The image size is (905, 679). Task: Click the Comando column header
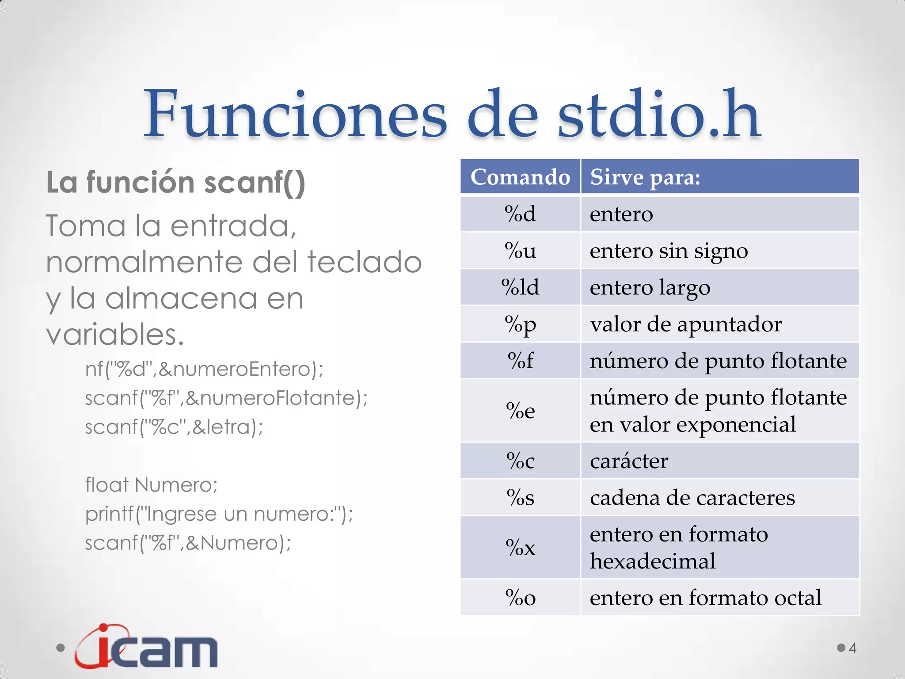[x=520, y=177]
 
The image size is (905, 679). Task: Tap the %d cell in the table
[x=520, y=214]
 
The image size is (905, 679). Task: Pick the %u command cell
[x=520, y=251]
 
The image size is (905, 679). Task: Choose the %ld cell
[x=520, y=287]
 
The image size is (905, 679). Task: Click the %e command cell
[x=520, y=411]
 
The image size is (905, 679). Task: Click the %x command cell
[x=520, y=547]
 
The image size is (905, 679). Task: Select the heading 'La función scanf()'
[x=175, y=182]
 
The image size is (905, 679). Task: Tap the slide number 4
[x=852, y=648]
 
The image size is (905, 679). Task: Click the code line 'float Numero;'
[x=151, y=485]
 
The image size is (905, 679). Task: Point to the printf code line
[x=219, y=514]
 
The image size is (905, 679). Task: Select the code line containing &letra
[x=174, y=427]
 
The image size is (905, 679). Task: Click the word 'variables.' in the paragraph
[x=115, y=334]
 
